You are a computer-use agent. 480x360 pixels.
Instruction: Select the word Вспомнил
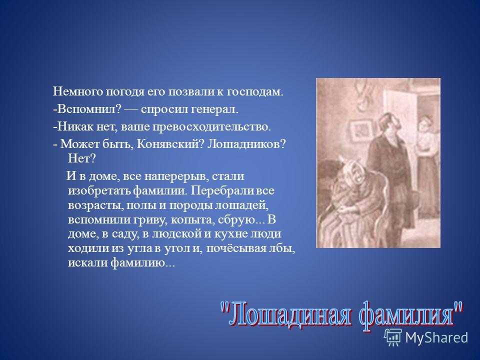(87, 109)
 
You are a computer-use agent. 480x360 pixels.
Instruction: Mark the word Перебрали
(222, 191)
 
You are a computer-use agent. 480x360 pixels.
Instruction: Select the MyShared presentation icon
(393, 337)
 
